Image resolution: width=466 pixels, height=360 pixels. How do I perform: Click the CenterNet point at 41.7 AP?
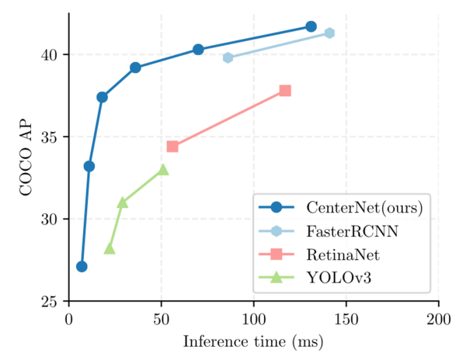[311, 26]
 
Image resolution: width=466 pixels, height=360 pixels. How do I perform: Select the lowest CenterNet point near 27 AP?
[82, 267]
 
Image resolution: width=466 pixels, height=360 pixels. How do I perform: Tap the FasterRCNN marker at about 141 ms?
[329, 33]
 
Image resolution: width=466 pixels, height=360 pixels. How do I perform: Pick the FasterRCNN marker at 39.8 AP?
[228, 57]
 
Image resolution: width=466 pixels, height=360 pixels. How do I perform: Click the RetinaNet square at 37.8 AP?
[285, 91]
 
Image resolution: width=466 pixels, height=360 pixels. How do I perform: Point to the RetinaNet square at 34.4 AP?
[172, 147]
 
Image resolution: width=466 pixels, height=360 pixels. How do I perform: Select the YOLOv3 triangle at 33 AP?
[163, 169]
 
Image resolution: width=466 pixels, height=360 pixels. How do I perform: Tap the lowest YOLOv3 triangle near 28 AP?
[110, 248]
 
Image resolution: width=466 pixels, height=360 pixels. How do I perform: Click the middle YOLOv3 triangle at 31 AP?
[123, 202]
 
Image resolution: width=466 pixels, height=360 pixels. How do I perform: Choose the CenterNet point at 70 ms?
[198, 49]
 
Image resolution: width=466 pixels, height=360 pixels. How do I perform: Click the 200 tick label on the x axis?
[438, 319]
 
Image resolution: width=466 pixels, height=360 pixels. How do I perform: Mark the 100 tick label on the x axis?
[253, 319]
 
